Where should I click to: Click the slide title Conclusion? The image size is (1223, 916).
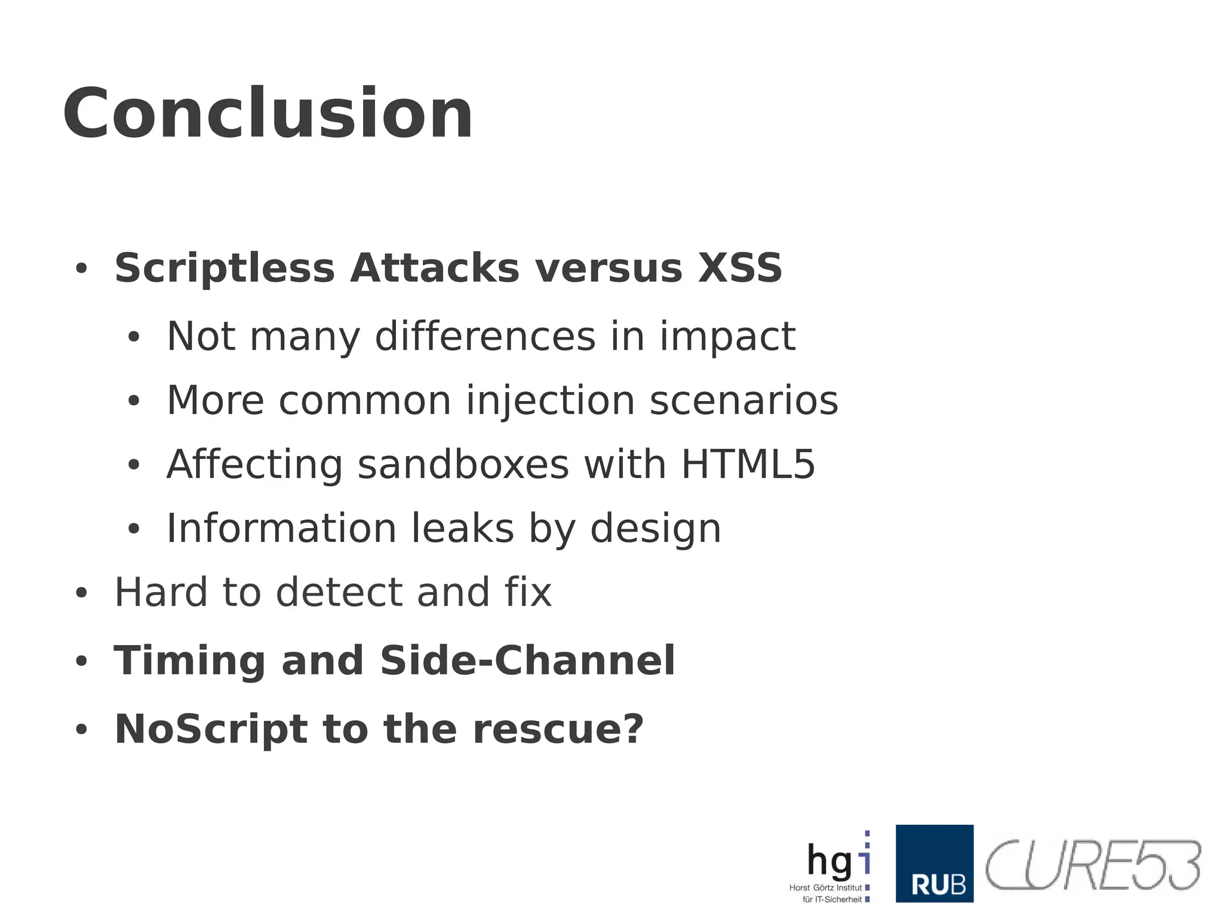click(x=268, y=113)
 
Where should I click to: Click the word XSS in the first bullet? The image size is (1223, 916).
click(x=740, y=268)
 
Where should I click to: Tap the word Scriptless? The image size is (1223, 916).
click(x=225, y=268)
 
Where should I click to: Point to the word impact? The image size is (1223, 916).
click(x=727, y=337)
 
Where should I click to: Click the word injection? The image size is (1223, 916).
click(x=550, y=400)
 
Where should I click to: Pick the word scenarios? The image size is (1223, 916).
click(x=743, y=400)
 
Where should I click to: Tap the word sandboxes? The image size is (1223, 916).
click(x=463, y=464)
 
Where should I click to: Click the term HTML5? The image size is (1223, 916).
click(x=748, y=464)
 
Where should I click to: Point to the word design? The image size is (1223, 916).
click(x=655, y=529)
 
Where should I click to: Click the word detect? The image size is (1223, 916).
click(x=339, y=593)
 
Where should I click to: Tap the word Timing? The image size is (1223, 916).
click(x=189, y=661)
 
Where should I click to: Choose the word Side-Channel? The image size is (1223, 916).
click(x=527, y=661)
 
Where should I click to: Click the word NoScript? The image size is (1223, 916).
click(x=211, y=729)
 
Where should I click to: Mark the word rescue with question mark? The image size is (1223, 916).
click(x=558, y=729)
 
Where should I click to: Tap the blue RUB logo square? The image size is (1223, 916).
click(x=934, y=863)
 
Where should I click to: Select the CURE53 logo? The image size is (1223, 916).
click(x=1092, y=865)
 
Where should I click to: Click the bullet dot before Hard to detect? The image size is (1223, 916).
click(x=82, y=594)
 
